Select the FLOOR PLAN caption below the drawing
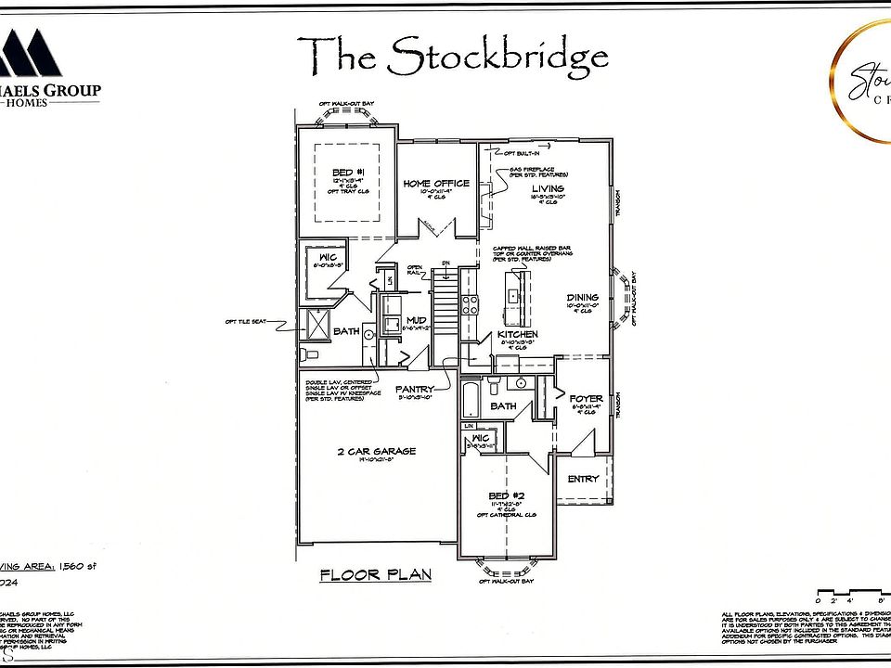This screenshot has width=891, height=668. point(376,574)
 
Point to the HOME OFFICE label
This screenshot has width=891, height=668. point(436,184)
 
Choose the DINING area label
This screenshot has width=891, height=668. point(583,298)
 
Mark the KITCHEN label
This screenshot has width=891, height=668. point(518,334)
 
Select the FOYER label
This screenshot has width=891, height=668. point(586,398)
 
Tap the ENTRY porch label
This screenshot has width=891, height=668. point(584,478)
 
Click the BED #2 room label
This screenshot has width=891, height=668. point(506,495)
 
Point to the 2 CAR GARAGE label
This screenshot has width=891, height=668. point(376,452)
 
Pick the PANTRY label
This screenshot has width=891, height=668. point(416,390)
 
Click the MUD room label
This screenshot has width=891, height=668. point(416,320)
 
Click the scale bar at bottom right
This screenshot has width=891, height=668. point(849,594)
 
